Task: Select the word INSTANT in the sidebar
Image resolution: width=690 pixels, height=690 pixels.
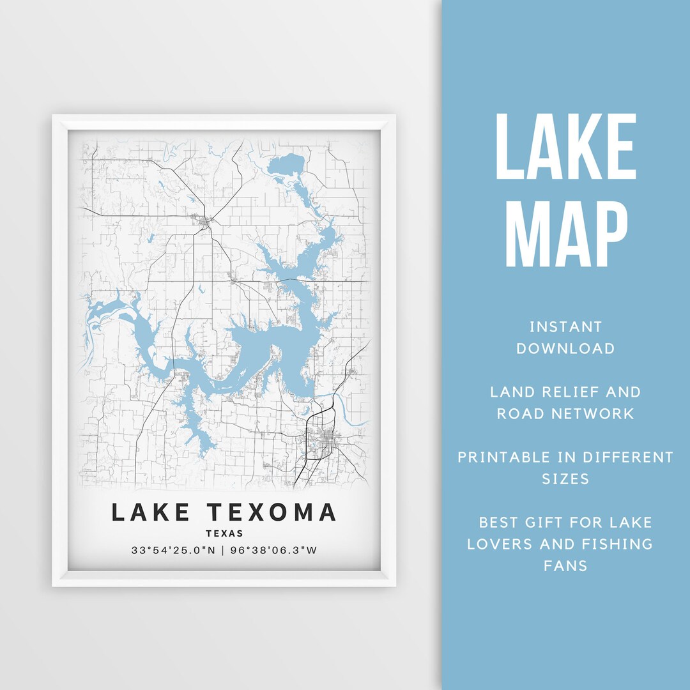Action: pyautogui.click(x=565, y=327)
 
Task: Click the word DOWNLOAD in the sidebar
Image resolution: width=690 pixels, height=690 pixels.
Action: pyautogui.click(x=565, y=349)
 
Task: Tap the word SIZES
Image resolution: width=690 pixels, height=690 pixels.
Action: pyautogui.click(x=565, y=479)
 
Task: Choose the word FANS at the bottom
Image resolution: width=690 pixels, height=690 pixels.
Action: pyautogui.click(x=565, y=566)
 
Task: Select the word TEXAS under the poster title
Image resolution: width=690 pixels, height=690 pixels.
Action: pyautogui.click(x=224, y=533)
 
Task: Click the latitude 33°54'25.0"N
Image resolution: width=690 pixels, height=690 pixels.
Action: pyautogui.click(x=174, y=550)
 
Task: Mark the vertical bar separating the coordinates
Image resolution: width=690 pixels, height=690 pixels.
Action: pyautogui.click(x=223, y=550)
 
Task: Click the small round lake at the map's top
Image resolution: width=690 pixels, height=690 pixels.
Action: pyautogui.click(x=287, y=165)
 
